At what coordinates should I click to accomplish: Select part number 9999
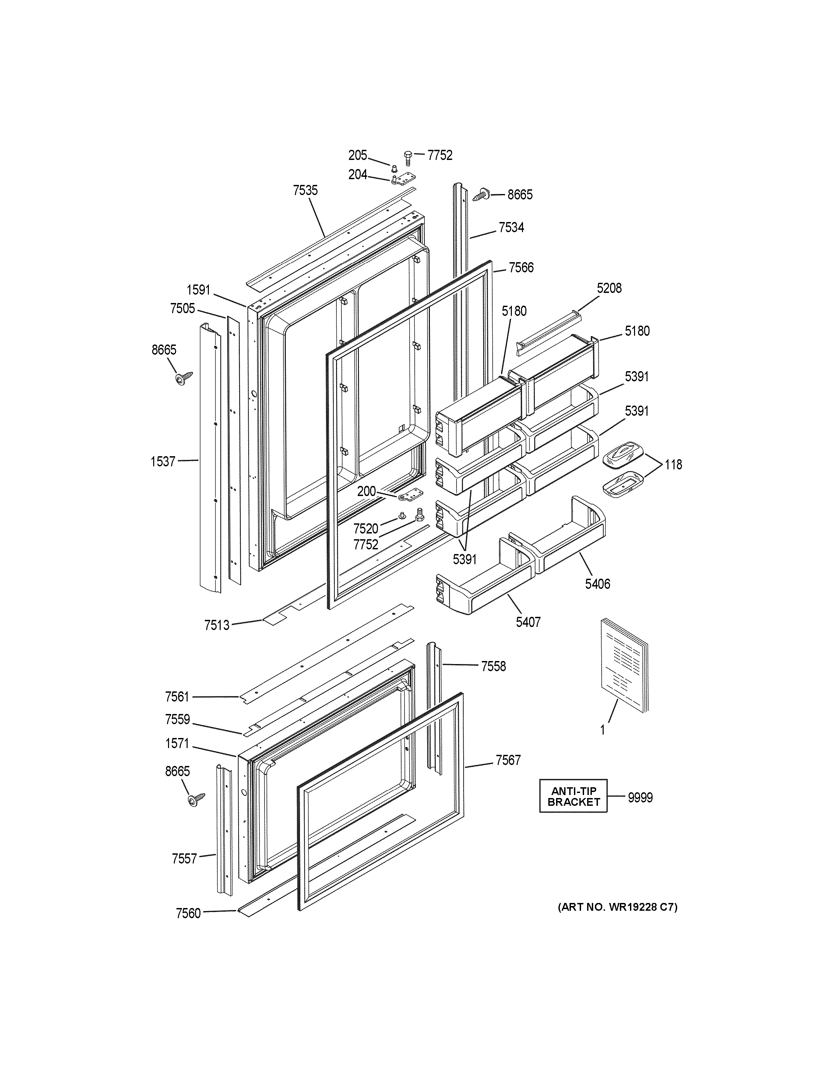pyautogui.click(x=640, y=798)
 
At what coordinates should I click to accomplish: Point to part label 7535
pyautogui.click(x=305, y=190)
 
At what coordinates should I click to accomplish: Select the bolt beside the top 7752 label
pyautogui.click(x=408, y=158)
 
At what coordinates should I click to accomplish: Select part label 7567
pyautogui.click(x=508, y=760)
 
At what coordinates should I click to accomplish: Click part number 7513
pyautogui.click(x=217, y=625)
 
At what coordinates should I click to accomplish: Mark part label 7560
pyautogui.click(x=188, y=913)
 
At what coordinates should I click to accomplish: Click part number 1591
pyautogui.click(x=198, y=290)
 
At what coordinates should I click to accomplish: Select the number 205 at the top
pyautogui.click(x=358, y=156)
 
